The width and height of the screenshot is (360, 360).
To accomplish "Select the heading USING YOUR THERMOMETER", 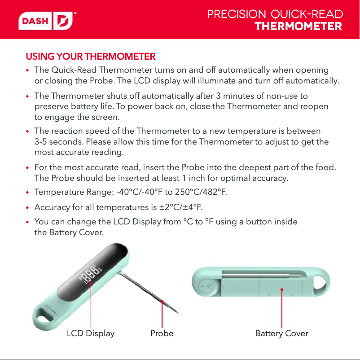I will click(91, 57).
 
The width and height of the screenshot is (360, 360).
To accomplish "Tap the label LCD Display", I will click(91, 334).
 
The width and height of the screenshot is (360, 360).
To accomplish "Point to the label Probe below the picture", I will click(162, 334).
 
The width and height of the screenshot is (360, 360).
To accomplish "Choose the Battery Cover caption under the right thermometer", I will click(281, 334).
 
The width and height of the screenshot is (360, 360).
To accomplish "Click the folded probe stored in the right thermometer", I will click(265, 272).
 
